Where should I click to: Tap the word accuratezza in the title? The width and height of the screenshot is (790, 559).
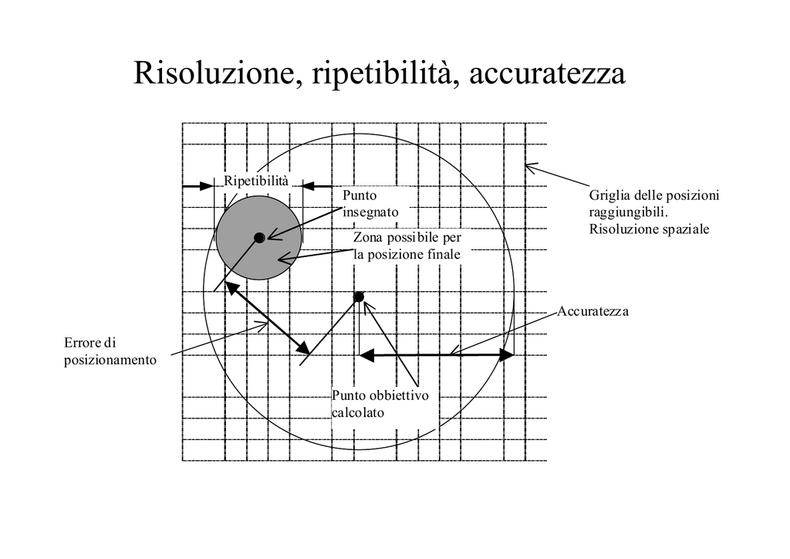(x=548, y=73)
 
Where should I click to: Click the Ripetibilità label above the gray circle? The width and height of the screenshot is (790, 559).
(x=256, y=181)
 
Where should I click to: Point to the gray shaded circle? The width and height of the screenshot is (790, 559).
(x=258, y=238)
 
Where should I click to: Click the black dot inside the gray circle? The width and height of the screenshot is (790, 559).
(x=259, y=237)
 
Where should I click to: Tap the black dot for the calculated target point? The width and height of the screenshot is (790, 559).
(x=358, y=297)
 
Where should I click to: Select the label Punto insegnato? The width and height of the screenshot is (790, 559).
(x=370, y=204)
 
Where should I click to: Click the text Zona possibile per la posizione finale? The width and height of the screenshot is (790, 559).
(x=407, y=246)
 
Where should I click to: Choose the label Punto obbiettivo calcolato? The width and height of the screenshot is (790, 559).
(x=380, y=404)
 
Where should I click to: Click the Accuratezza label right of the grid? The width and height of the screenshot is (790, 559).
(x=593, y=311)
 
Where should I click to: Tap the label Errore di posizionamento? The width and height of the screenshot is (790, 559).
(x=110, y=351)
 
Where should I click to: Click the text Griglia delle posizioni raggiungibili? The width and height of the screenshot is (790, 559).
(x=654, y=204)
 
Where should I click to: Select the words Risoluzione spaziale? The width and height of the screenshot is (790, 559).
(x=649, y=229)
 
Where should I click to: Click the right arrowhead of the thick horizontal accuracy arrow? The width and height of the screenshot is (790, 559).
(x=506, y=355)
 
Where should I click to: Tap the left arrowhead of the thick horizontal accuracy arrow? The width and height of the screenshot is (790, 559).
(x=366, y=355)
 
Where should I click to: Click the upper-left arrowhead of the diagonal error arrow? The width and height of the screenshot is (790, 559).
(x=231, y=288)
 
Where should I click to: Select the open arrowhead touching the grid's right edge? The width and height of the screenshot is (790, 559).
(x=532, y=168)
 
